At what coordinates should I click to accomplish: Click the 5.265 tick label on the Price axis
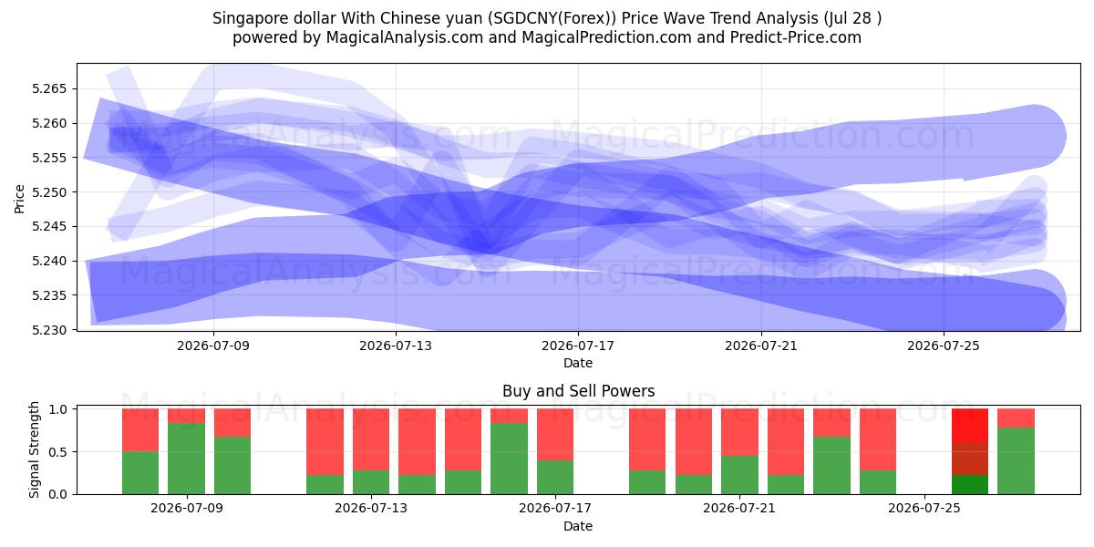pos(49,89)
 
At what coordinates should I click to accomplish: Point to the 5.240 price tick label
pos(49,261)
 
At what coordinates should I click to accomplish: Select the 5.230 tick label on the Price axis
pos(49,330)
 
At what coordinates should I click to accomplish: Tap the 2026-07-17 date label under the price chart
pos(578,346)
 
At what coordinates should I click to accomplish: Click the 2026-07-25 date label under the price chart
pos(944,346)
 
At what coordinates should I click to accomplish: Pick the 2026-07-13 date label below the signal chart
pos(371,508)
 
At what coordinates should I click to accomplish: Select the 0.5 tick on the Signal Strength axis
pos(57,452)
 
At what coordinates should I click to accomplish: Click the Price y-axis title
pos(19,199)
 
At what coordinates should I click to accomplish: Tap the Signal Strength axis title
pos(34,449)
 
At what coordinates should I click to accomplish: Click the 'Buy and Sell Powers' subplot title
pos(578,391)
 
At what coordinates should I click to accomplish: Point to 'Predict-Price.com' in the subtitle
pos(796,37)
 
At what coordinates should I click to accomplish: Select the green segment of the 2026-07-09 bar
pos(186,459)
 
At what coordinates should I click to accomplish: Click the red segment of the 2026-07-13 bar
pos(371,439)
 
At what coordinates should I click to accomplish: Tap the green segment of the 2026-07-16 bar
pos(509,459)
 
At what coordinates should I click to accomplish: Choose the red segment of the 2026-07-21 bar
pos(739,432)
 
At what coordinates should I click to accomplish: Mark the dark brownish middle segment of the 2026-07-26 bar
pos(969,459)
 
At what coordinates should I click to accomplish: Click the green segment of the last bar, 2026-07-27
pos(1016,461)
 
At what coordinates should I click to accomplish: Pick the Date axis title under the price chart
pos(578,363)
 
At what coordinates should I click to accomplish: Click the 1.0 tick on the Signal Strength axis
pos(57,408)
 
